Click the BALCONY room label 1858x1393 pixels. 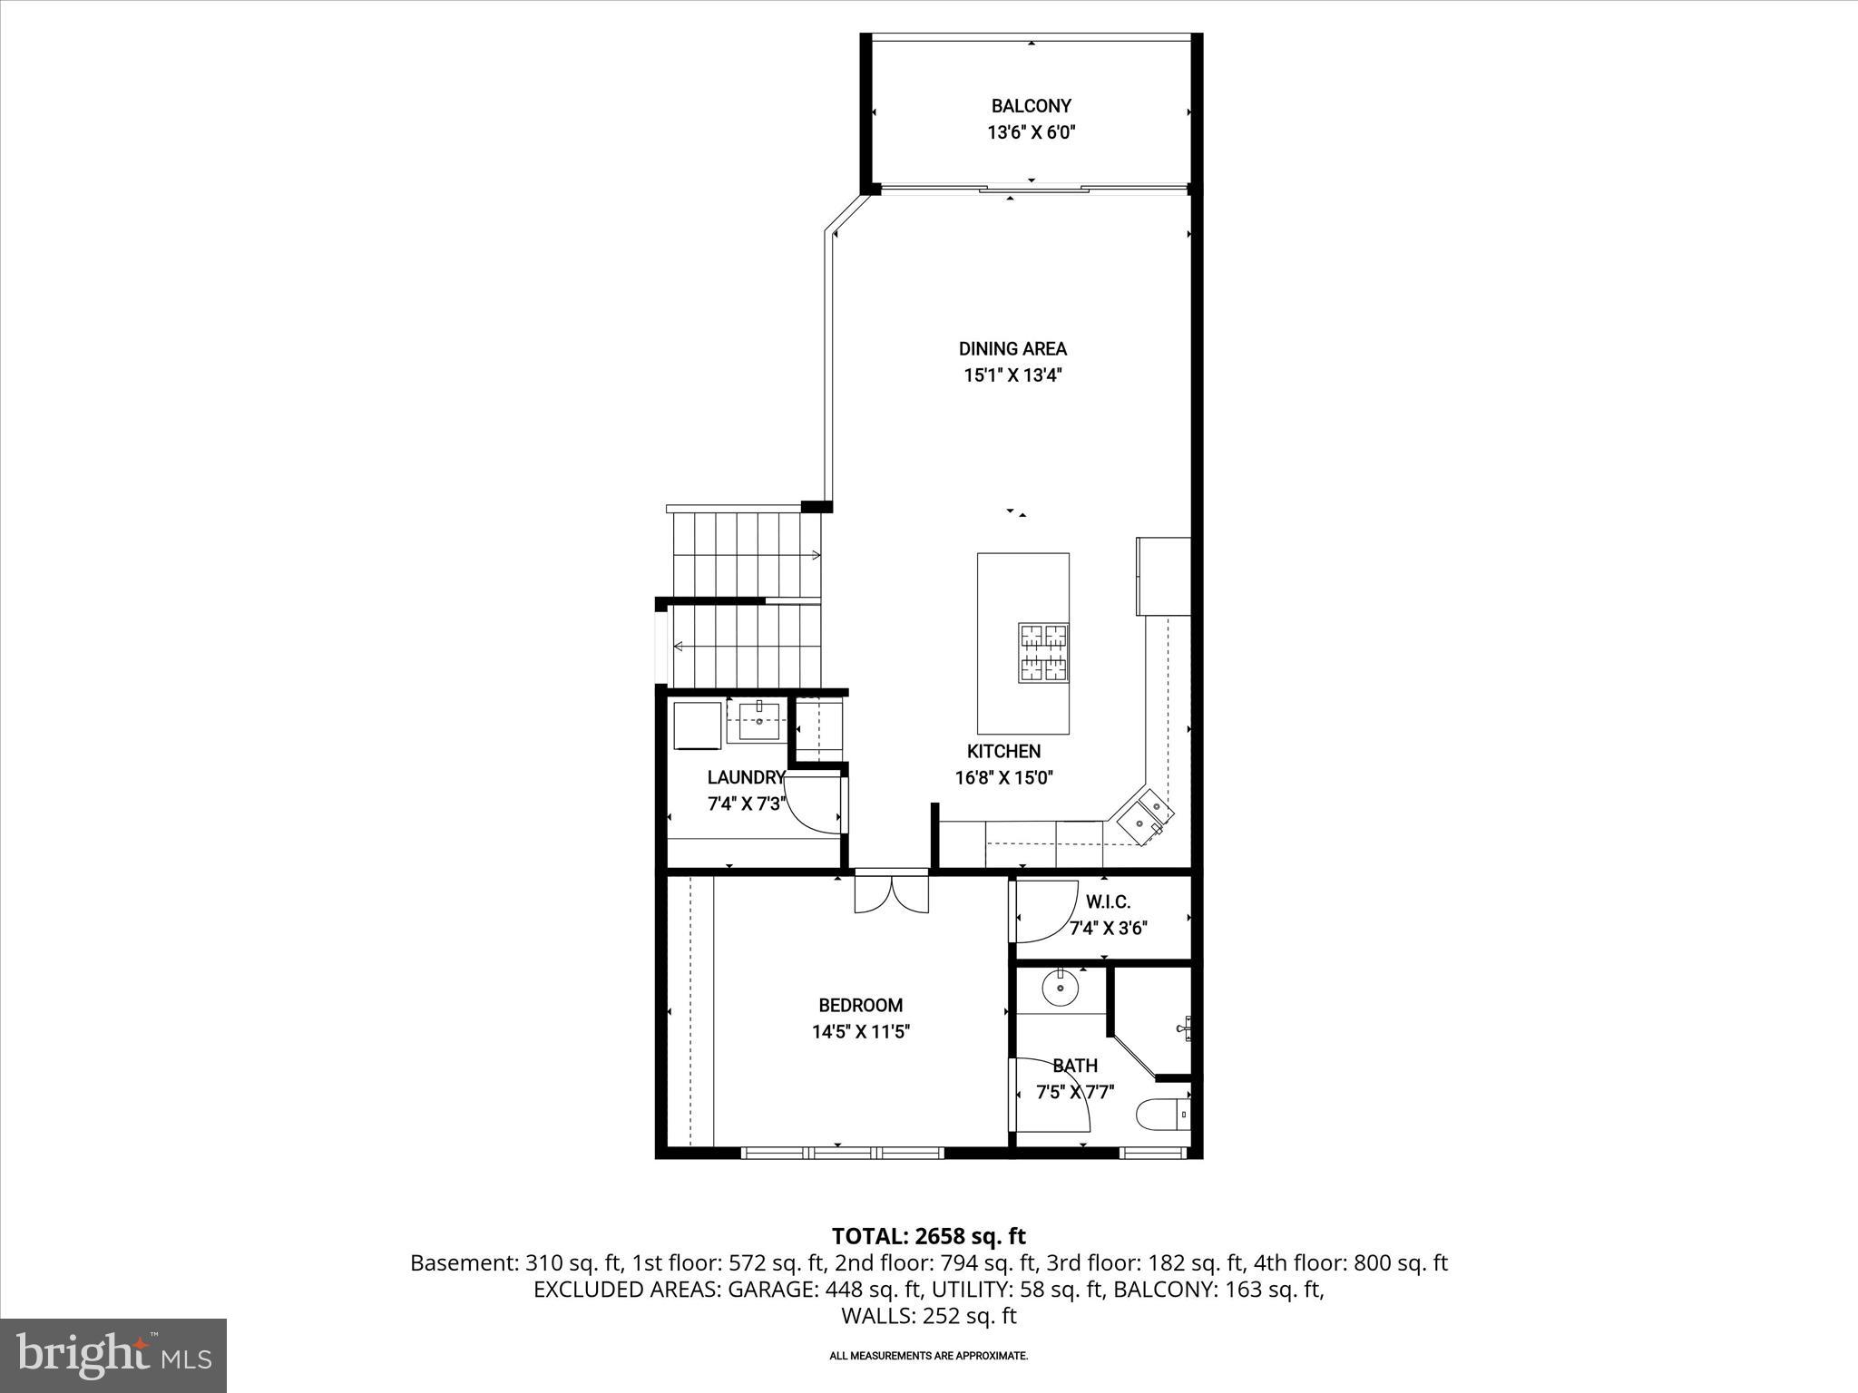(x=1031, y=106)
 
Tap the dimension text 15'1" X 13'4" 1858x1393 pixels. (x=1012, y=375)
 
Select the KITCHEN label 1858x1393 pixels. (x=1003, y=751)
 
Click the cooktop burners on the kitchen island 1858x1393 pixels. (x=1042, y=652)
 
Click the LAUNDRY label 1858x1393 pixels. (x=746, y=777)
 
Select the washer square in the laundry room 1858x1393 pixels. (x=697, y=725)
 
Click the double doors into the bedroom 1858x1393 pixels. (x=892, y=892)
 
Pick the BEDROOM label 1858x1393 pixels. (x=860, y=1005)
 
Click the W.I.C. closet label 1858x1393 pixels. (x=1108, y=902)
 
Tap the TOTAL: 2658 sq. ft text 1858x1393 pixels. (x=928, y=1236)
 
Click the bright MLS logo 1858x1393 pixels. (x=113, y=1355)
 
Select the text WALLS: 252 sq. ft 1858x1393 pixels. (x=928, y=1316)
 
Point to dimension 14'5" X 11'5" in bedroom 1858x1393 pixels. (x=860, y=1031)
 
